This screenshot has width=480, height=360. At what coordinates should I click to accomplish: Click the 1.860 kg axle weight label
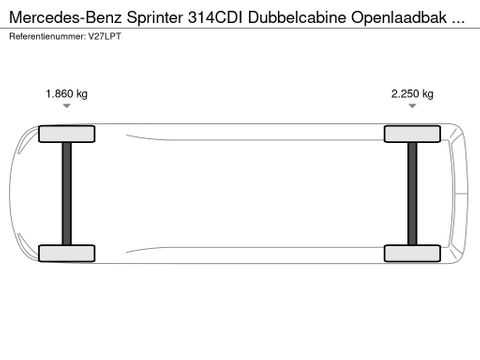pyautogui.click(x=67, y=94)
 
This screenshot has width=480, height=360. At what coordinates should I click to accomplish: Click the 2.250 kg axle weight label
pyautogui.click(x=412, y=94)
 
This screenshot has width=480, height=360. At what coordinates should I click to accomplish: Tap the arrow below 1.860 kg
pyautogui.click(x=67, y=112)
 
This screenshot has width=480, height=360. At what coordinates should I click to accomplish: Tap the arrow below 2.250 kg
pyautogui.click(x=412, y=112)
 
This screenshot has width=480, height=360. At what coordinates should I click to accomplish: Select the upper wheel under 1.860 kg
pyautogui.click(x=67, y=134)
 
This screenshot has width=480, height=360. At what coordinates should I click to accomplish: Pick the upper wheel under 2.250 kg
pyautogui.click(x=412, y=134)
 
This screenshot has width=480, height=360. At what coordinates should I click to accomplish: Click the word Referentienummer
pyautogui.click(x=44, y=36)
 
